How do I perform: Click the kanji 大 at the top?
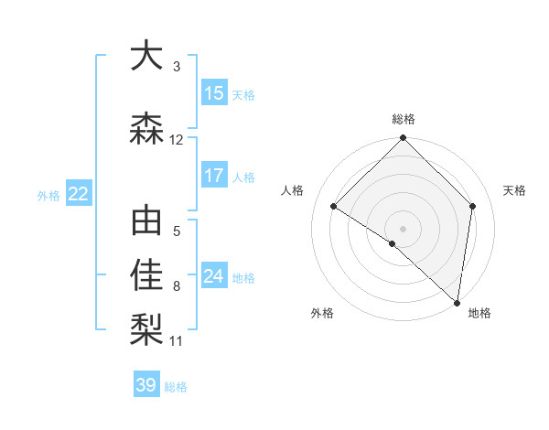pyautogui.click(x=147, y=56)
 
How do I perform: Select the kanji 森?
pyautogui.click(x=147, y=129)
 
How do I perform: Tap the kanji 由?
pyautogui.click(x=147, y=222)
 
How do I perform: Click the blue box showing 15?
pyautogui.click(x=214, y=93)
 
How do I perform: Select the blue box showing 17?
pyautogui.click(x=214, y=176)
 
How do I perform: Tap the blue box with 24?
pyautogui.click(x=214, y=276)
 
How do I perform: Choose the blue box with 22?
pyautogui.click(x=79, y=194)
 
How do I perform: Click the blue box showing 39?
pyautogui.click(x=146, y=386)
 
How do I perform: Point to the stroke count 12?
pyautogui.click(x=177, y=140)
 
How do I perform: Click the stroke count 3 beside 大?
pyautogui.click(x=176, y=67)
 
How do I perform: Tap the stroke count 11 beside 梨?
pyautogui.click(x=177, y=341)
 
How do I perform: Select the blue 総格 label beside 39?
pyautogui.click(x=177, y=387)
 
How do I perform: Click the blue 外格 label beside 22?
pyautogui.click(x=48, y=195)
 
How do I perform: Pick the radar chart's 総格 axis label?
pyautogui.click(x=404, y=119)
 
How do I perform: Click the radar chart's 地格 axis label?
pyautogui.click(x=479, y=313)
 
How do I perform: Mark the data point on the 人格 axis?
pyautogui.click(x=334, y=206)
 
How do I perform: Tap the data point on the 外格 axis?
pyautogui.click(x=393, y=243)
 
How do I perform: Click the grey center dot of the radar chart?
pyautogui.click(x=404, y=228)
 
